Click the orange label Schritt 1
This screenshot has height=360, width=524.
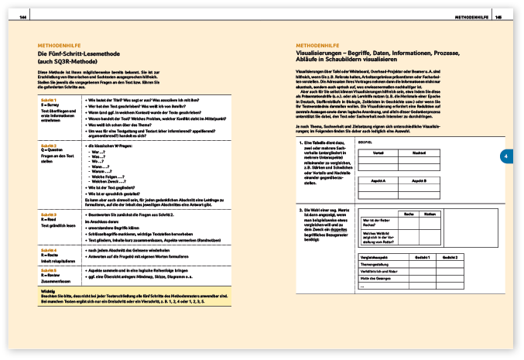47,101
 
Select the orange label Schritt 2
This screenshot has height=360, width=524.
47,145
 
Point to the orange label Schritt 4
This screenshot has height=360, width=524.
47,250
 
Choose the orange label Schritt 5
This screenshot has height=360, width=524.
47,269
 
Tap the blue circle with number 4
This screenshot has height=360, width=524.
504,156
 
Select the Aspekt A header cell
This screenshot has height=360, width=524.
379,180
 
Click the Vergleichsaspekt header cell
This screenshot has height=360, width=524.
375,255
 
